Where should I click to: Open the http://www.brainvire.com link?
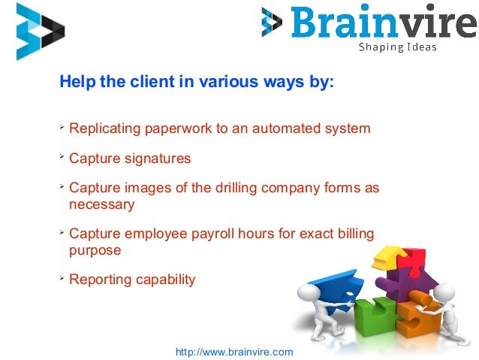pyautogui.click(x=233, y=351)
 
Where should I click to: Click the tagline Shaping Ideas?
pyautogui.click(x=397, y=47)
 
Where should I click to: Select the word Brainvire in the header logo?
pyautogui.click(x=383, y=22)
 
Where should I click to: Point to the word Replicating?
pyautogui.click(x=104, y=129)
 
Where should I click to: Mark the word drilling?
pyautogui.click(x=216, y=189)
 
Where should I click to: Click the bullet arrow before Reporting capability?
pyautogui.click(x=62, y=279)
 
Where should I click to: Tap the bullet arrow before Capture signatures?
pyautogui.click(x=62, y=158)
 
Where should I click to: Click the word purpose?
pyautogui.click(x=95, y=250)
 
